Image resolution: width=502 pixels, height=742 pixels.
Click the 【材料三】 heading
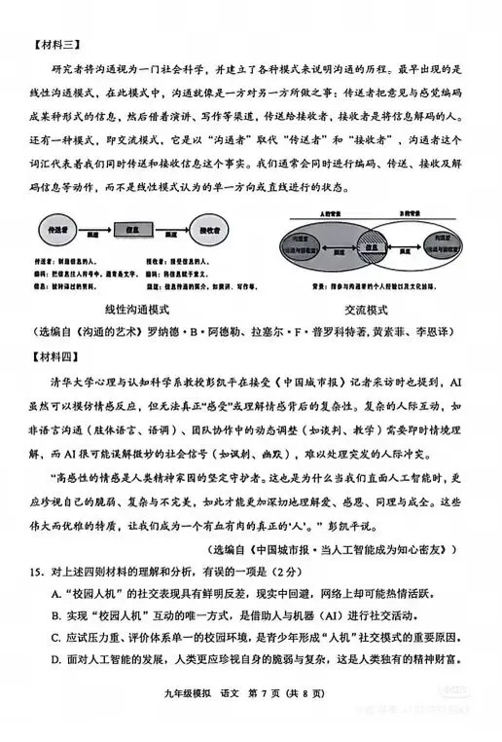tap(57, 45)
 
